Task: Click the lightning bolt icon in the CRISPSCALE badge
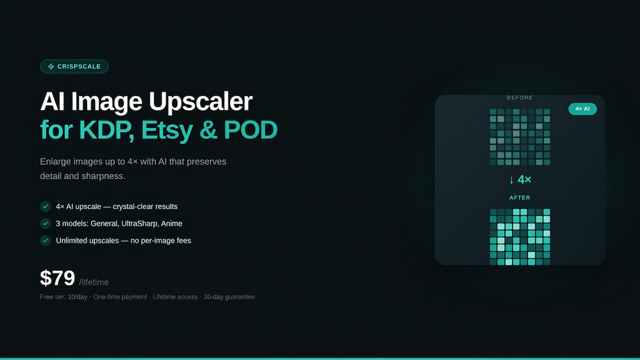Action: point(51,66)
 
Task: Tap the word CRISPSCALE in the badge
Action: point(79,66)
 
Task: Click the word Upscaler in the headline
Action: point(200,102)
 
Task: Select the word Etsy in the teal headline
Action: point(167,131)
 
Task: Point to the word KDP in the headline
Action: point(106,130)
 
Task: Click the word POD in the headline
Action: point(251,130)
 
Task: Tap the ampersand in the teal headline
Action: point(209,130)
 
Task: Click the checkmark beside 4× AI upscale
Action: point(45,206)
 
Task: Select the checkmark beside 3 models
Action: point(45,223)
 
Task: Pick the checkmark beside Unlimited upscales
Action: point(45,240)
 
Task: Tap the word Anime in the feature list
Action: point(171,223)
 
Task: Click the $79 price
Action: point(57,278)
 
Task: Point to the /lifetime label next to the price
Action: point(94,282)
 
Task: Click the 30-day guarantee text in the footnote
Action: point(229,297)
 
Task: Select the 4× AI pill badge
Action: point(583,109)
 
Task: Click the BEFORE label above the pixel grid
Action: point(520,97)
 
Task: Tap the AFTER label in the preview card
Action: point(520,198)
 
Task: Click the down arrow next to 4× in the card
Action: point(511,180)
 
